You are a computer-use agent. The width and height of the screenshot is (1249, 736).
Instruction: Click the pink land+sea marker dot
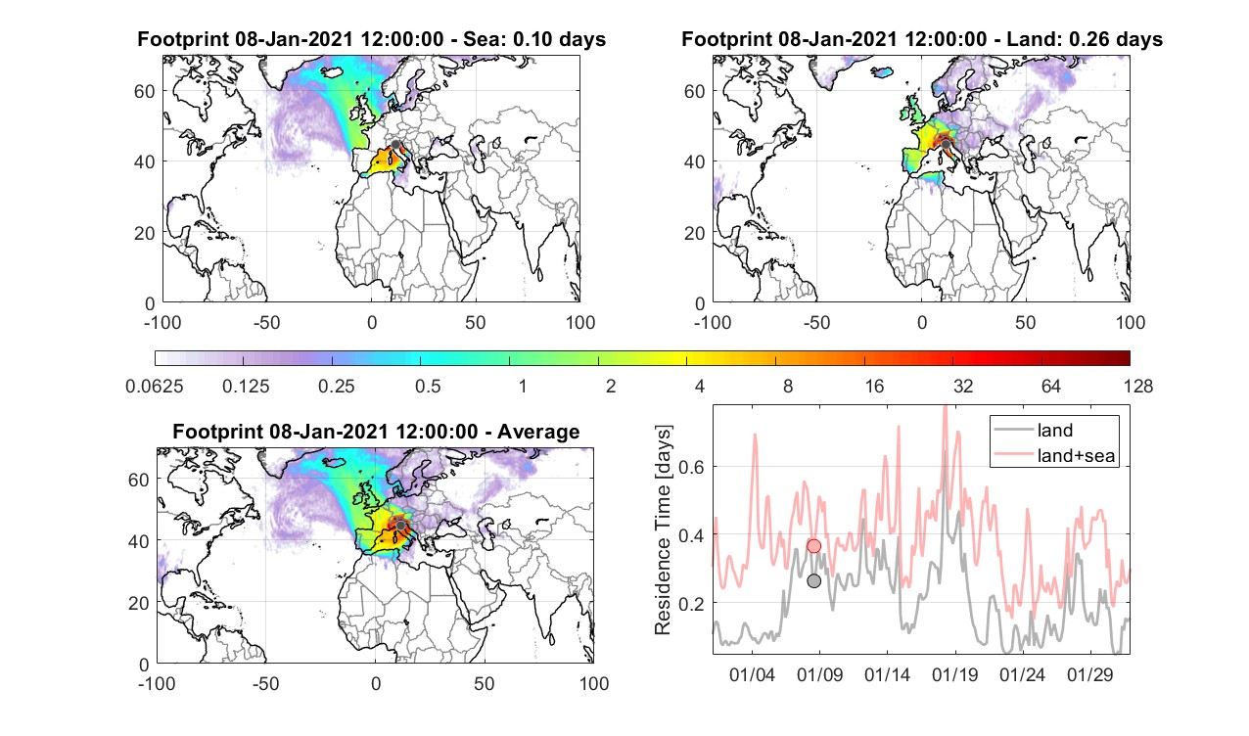click(x=814, y=546)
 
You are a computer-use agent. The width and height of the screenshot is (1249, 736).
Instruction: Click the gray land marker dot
click(x=814, y=581)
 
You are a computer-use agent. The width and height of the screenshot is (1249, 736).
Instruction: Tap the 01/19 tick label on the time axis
click(x=955, y=674)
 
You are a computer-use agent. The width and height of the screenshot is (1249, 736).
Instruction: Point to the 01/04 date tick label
click(x=752, y=674)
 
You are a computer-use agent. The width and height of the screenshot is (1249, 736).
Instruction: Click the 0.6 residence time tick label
click(x=691, y=467)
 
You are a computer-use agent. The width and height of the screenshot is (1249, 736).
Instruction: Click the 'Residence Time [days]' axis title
click(x=663, y=529)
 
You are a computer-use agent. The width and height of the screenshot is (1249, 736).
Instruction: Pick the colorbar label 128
click(x=1138, y=386)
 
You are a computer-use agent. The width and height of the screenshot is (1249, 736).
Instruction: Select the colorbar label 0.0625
click(x=155, y=386)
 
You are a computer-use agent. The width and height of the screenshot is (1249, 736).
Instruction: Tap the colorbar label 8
click(x=787, y=386)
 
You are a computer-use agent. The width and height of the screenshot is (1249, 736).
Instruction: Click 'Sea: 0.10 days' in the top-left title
click(x=534, y=39)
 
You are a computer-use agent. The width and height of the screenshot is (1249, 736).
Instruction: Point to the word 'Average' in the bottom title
click(x=538, y=432)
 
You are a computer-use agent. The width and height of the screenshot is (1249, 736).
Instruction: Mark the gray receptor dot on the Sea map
click(x=395, y=145)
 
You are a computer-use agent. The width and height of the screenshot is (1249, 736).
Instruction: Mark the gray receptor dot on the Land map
click(x=946, y=145)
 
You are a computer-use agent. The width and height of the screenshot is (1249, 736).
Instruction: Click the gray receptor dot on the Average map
click(x=400, y=526)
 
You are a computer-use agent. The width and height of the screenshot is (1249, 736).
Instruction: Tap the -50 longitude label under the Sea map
click(x=266, y=323)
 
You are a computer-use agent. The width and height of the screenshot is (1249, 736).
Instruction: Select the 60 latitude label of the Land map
click(x=695, y=91)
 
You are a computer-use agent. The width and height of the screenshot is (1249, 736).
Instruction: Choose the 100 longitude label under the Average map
click(x=594, y=684)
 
